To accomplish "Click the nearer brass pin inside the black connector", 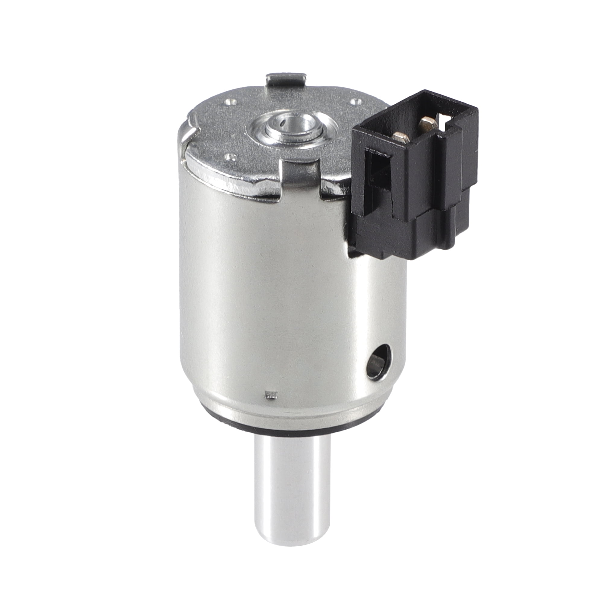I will point(400,136).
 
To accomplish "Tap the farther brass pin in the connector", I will point(426,123).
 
